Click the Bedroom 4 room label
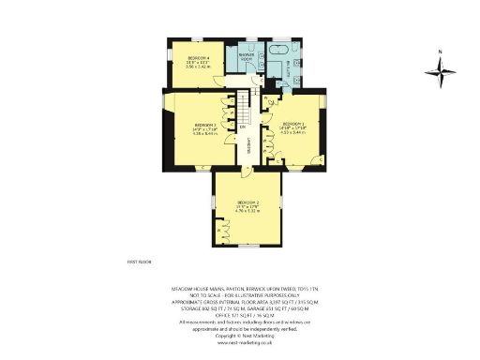pyautogui.click(x=196, y=58)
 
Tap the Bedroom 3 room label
pyautogui.click(x=205, y=125)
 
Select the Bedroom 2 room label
pyautogui.click(x=248, y=203)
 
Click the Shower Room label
pyautogui.click(x=247, y=56)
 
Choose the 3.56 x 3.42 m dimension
pyautogui.click(x=197, y=67)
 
